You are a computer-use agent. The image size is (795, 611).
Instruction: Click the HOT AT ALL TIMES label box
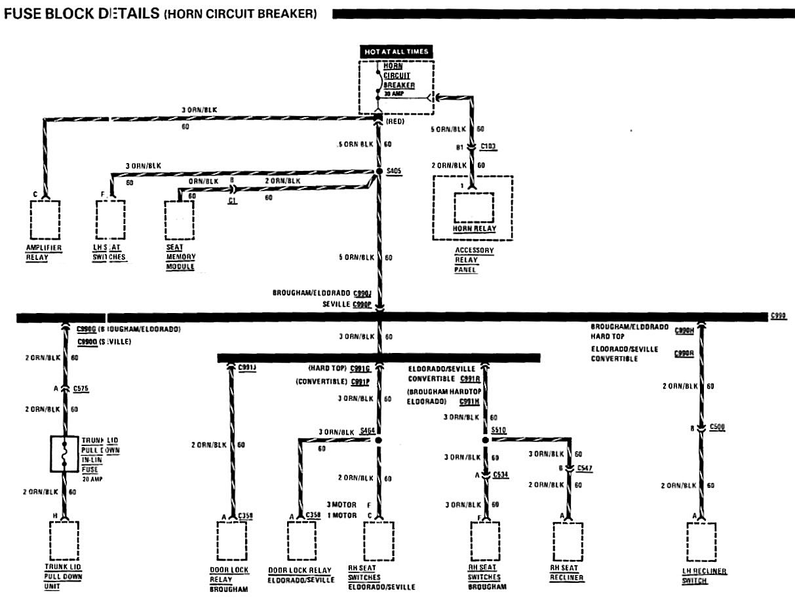coord(396,52)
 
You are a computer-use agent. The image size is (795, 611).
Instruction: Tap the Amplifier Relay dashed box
coord(45,220)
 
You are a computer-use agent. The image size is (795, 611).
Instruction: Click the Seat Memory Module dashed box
coord(179,220)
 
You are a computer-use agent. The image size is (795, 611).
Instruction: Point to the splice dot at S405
coord(378,172)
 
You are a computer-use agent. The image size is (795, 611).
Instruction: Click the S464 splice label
coord(368,430)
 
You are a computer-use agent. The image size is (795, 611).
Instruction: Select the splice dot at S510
coord(486,441)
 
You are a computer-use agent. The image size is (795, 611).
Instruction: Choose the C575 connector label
coord(82,388)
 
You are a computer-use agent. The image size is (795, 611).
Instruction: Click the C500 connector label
coord(718,428)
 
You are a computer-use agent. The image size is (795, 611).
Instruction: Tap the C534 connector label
coord(501,473)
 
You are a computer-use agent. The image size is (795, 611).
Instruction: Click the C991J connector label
coord(247,367)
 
